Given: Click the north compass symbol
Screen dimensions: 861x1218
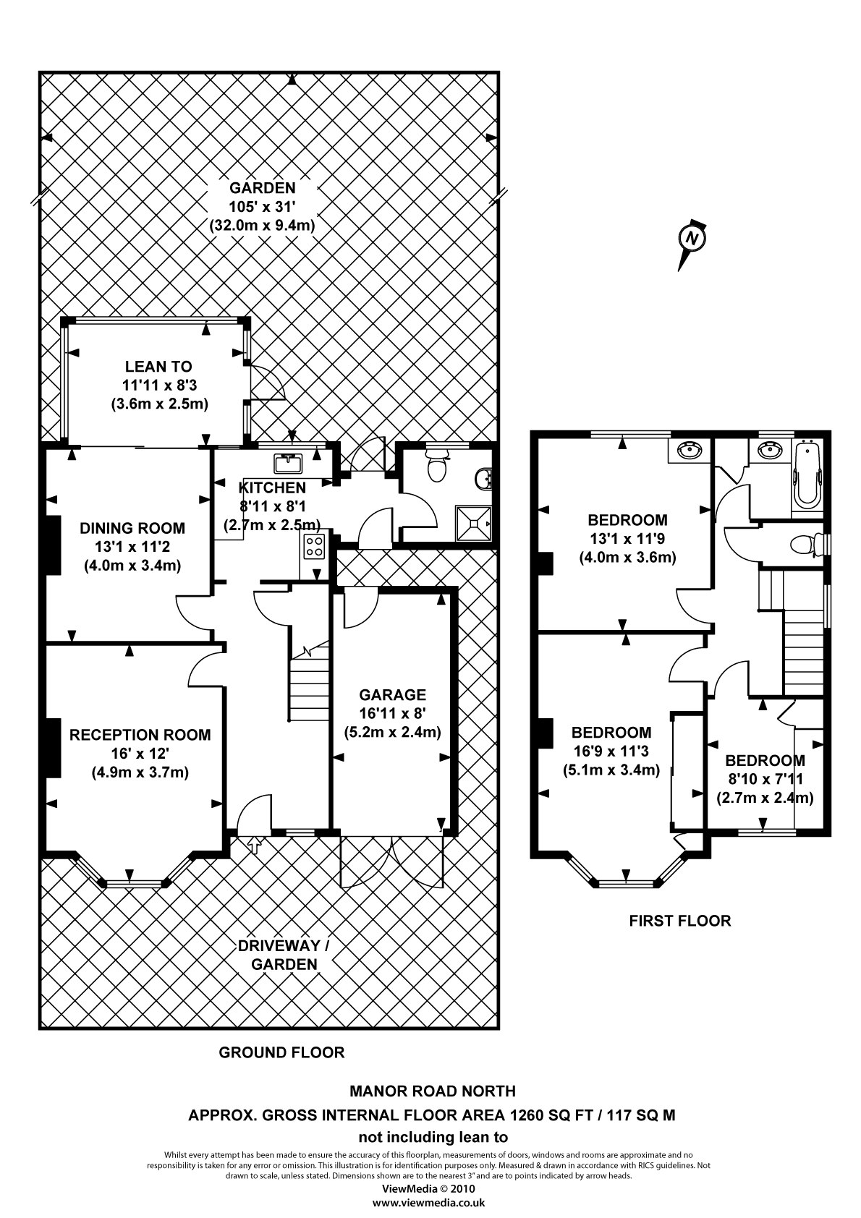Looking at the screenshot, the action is click(692, 239).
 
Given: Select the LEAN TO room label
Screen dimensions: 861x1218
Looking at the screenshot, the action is click(158, 367).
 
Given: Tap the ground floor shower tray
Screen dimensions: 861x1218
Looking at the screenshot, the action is click(473, 522).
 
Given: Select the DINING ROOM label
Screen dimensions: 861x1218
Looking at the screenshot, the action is click(132, 528).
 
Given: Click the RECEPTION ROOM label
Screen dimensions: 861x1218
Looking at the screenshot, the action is click(140, 735).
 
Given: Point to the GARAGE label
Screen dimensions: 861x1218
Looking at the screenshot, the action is click(393, 695).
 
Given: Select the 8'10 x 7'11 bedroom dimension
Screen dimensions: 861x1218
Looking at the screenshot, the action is click(765, 780).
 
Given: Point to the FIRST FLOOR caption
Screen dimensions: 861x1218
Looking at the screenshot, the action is click(679, 921).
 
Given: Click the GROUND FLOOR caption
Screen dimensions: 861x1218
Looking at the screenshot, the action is click(281, 1052).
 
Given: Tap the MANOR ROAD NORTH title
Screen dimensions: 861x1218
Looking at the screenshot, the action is click(432, 1091).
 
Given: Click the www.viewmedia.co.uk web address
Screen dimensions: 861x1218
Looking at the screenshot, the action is click(428, 1203).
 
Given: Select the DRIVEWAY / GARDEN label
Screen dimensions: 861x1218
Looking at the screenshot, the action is click(284, 955).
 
